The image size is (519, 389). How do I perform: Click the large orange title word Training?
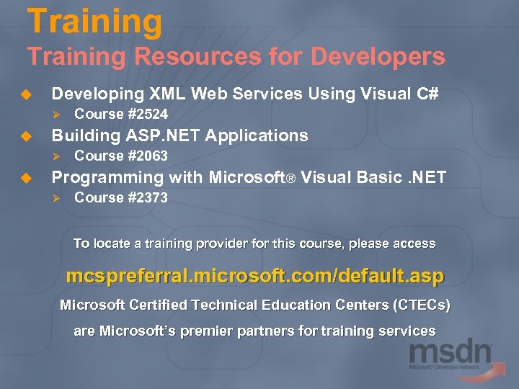[94, 21]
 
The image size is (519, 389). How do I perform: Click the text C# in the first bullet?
[425, 94]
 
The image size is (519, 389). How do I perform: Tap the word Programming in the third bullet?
[107, 177]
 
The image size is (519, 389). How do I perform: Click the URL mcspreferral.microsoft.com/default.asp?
[255, 276]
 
